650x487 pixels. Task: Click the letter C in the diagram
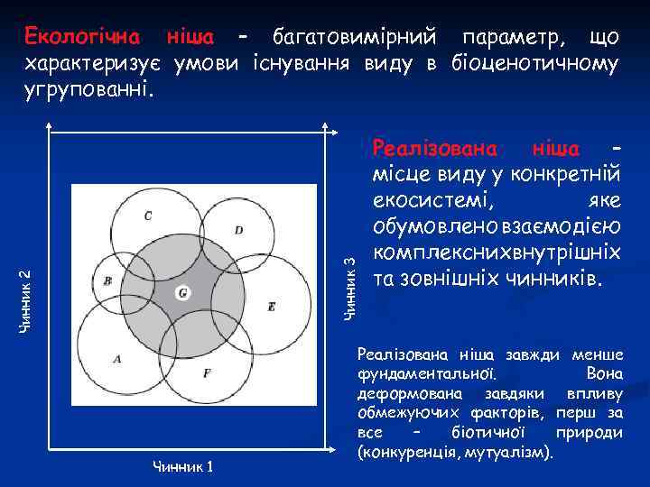tap(148, 216)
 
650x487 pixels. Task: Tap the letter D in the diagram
tap(238, 230)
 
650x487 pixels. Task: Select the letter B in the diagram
tap(108, 280)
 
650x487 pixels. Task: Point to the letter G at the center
tap(182, 293)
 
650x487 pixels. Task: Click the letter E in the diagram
tap(271, 308)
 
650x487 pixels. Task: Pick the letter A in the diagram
tap(116, 359)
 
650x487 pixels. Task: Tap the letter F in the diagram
tap(208, 372)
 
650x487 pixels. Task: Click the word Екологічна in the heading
tap(82, 37)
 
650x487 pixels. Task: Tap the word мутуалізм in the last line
tap(510, 450)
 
